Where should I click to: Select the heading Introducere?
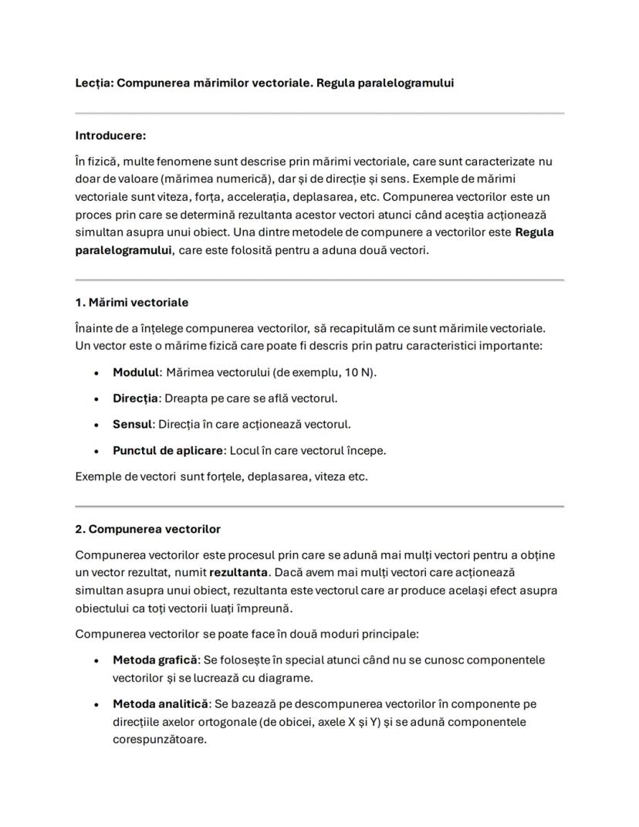(110, 135)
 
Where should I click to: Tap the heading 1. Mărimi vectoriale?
(131, 302)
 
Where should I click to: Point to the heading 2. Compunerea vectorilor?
(147, 529)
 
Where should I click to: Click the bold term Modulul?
(135, 372)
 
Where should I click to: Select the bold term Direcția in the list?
(135, 398)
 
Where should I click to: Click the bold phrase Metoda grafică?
(154, 660)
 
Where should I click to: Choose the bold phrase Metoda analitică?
(161, 704)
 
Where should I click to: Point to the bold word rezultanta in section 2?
(238, 573)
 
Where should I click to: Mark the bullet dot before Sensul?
(95, 425)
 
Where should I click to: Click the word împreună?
(266, 608)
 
